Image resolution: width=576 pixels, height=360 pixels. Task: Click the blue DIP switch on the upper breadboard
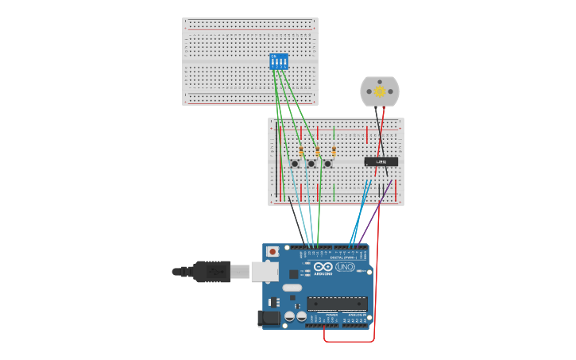click(x=279, y=61)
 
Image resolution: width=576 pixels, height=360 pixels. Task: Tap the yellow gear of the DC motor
click(x=380, y=91)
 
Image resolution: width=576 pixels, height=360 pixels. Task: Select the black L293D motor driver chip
click(x=381, y=161)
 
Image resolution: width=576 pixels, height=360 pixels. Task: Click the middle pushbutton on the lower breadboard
click(x=311, y=164)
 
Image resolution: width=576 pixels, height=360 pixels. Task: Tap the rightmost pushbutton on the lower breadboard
click(x=327, y=164)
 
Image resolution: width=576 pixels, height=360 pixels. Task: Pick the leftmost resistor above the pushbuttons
click(x=301, y=151)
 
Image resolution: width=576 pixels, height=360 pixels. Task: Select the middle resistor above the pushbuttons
click(x=318, y=151)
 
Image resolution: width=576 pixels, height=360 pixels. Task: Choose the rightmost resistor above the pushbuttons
click(x=334, y=151)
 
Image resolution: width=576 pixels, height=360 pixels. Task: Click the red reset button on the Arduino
click(x=273, y=252)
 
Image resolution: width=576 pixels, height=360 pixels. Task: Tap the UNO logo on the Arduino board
click(x=345, y=267)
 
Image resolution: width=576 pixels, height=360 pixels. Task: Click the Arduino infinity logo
click(x=322, y=267)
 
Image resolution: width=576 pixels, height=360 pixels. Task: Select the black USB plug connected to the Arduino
click(x=211, y=272)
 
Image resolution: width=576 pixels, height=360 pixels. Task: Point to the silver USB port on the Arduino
click(x=265, y=272)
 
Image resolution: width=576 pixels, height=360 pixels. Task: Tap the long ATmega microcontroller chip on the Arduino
click(x=337, y=303)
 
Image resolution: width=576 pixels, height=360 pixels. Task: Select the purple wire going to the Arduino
click(x=373, y=216)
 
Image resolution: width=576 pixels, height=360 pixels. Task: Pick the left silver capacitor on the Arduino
click(x=290, y=316)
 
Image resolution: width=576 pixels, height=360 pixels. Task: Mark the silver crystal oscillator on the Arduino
click(x=292, y=288)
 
